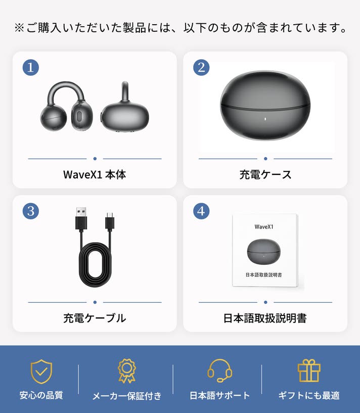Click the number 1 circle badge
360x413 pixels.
tap(30, 67)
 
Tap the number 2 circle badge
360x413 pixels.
tap(201, 67)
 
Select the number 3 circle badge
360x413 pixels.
tap(30, 211)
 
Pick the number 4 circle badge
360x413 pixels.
tap(201, 211)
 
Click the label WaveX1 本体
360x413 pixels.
tap(95, 174)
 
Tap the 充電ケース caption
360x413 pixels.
tap(265, 174)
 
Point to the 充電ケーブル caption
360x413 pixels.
tap(95, 318)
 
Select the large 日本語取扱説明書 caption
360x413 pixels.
tap(265, 318)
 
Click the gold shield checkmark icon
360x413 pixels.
tap(41, 372)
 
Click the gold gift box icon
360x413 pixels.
tap(309, 371)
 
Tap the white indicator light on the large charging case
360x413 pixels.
tap(265, 119)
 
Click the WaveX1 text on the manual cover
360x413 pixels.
tap(264, 227)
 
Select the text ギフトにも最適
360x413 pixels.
tap(309, 395)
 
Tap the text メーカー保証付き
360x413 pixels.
tap(127, 396)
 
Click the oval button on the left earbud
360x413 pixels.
tap(79, 116)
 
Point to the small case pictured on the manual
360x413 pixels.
tap(264, 252)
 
